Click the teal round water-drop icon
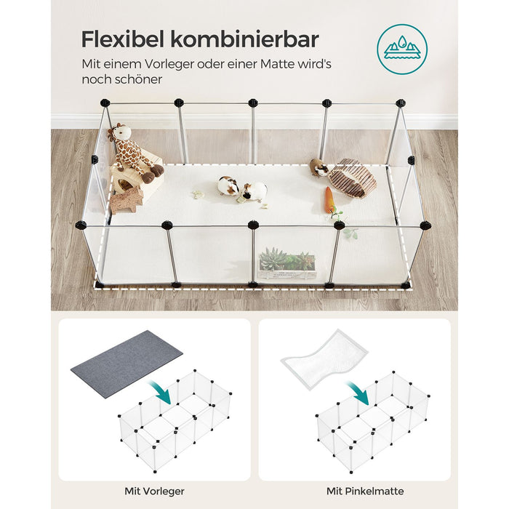click(x=401, y=49)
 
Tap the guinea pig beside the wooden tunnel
click(x=318, y=168)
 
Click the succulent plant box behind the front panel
click(x=287, y=264)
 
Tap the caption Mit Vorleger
click(x=154, y=491)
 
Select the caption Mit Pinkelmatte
click(x=354, y=491)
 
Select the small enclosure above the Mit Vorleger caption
click(x=175, y=422)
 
